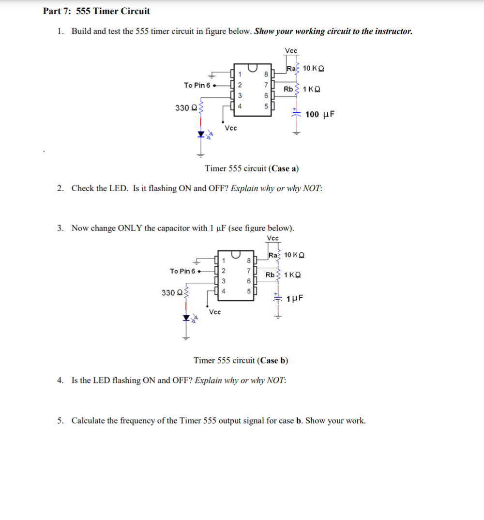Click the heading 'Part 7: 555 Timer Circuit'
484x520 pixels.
pos(96,11)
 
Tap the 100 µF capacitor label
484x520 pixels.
pos(320,114)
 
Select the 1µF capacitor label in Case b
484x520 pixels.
pos(295,299)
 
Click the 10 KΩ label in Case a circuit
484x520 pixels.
pos(314,68)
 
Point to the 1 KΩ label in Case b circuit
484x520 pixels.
pos(292,275)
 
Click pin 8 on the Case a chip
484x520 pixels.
pos(266,75)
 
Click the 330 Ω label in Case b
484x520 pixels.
pos(170,292)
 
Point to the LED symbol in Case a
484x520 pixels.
pos(201,135)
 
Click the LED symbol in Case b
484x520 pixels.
pos(185,318)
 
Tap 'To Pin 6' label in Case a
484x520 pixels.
pos(197,85)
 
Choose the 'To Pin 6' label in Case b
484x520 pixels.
pos(183,271)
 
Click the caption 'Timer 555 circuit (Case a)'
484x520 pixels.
pos(252,168)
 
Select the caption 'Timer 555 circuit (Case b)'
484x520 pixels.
pos(241,360)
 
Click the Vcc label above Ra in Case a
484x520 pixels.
pos(291,51)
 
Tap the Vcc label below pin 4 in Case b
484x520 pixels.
pos(215,312)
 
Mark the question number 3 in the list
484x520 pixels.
pos(60,228)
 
